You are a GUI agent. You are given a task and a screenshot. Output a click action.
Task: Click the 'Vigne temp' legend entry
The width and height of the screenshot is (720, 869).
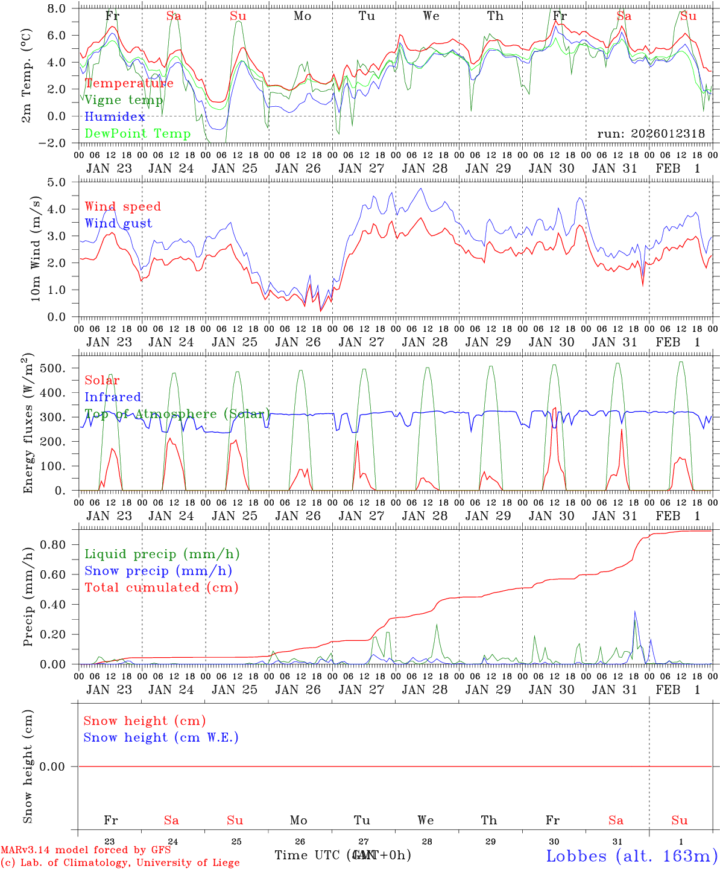pyautogui.click(x=124, y=100)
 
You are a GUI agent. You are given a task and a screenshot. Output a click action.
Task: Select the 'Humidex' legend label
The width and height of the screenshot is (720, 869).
pyautogui.click(x=115, y=117)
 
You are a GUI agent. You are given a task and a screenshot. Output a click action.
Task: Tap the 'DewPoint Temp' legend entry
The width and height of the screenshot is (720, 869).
pyautogui.click(x=137, y=134)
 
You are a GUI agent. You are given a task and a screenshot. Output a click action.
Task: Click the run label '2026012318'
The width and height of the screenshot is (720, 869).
pyautogui.click(x=651, y=134)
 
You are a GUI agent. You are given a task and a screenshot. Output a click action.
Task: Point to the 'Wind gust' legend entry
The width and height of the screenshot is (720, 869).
pyautogui.click(x=118, y=223)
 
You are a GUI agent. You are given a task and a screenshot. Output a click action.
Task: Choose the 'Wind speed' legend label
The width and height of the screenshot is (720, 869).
pyautogui.click(x=123, y=206)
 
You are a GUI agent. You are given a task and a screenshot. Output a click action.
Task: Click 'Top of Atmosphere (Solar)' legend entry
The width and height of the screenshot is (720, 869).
pyautogui.click(x=177, y=414)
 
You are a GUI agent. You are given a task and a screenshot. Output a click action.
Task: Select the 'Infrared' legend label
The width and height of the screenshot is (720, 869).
pyautogui.click(x=113, y=397)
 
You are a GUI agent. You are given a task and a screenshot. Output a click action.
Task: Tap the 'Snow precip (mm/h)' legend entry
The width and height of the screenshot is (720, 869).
pyautogui.click(x=158, y=571)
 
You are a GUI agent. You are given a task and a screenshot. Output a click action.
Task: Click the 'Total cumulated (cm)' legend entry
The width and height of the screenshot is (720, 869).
pyautogui.click(x=161, y=588)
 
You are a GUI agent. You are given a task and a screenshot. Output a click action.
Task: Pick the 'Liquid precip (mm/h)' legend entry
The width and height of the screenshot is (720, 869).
pyautogui.click(x=162, y=554)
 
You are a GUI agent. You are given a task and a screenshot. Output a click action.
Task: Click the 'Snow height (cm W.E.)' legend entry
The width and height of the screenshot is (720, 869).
pyautogui.click(x=160, y=737)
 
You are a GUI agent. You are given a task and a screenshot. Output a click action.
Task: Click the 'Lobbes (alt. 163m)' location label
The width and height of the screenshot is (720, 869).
pyautogui.click(x=631, y=856)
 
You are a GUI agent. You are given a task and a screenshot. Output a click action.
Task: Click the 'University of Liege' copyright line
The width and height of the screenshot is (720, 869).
pyautogui.click(x=120, y=863)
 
